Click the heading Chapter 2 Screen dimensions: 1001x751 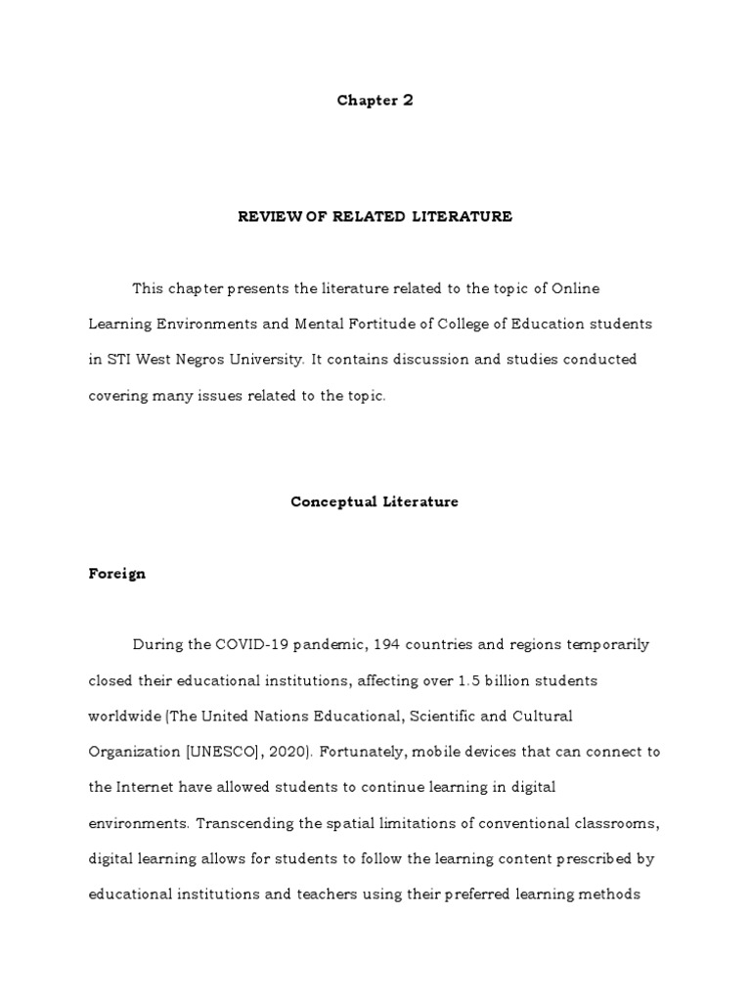pos(375,101)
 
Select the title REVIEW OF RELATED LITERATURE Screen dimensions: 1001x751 pos(375,216)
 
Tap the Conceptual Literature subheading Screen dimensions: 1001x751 pos(375,501)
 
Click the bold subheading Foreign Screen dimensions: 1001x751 pos(116,574)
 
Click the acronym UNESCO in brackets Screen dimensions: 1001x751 pos(217,752)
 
